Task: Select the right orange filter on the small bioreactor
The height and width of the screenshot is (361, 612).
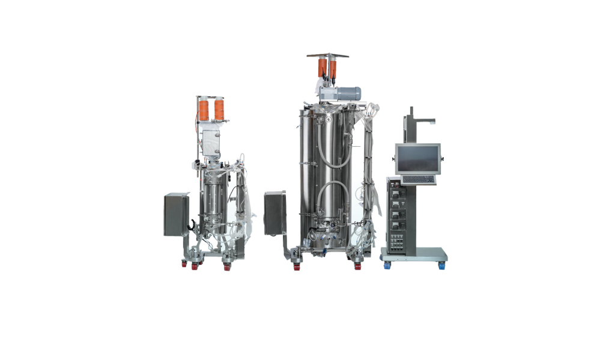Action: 220,110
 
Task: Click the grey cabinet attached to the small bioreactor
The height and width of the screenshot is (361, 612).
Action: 177,214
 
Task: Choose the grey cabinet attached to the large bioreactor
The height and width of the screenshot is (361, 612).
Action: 275,212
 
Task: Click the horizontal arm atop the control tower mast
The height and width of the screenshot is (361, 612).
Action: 423,120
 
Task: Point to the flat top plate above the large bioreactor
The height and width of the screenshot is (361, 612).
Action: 327,56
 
